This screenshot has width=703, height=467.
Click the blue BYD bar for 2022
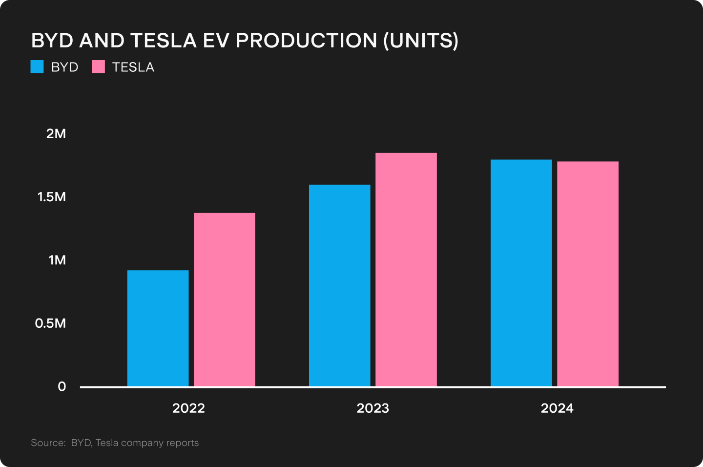(x=158, y=328)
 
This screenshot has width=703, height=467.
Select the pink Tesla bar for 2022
(x=225, y=299)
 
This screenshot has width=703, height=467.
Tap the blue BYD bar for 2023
(x=340, y=285)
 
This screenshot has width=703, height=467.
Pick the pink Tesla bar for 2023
(x=406, y=270)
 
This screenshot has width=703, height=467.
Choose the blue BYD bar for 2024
(x=521, y=273)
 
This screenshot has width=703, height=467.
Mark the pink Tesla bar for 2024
(x=588, y=274)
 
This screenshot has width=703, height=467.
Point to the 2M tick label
(x=56, y=134)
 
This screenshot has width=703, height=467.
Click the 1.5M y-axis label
(x=52, y=197)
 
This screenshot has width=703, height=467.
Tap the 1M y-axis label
(x=57, y=260)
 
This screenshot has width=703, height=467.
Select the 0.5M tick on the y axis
(x=51, y=323)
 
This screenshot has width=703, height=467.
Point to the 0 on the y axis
(x=62, y=386)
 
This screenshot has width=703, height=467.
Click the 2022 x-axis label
(x=188, y=408)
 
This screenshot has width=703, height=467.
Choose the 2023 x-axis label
(x=373, y=408)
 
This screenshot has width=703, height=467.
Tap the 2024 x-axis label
(x=557, y=408)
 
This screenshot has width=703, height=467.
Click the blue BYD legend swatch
(x=37, y=67)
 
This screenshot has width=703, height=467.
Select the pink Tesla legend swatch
(x=98, y=67)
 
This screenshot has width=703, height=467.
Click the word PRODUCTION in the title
(x=306, y=41)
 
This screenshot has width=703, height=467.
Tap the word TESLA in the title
(x=164, y=41)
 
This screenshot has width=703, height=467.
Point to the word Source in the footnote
(x=48, y=443)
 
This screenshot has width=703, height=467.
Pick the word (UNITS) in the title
(x=421, y=41)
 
